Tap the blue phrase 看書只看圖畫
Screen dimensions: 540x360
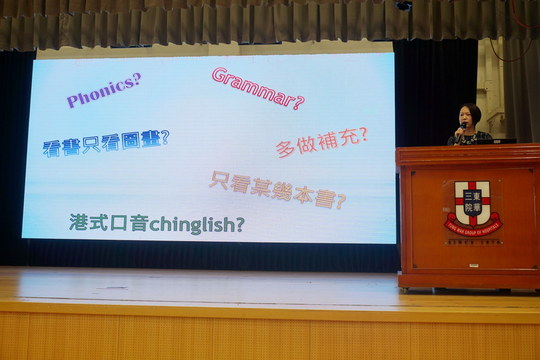[102, 144]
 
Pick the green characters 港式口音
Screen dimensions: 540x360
[109, 223]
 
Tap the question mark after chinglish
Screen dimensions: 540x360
[238, 224]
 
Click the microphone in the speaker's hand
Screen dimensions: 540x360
[461, 132]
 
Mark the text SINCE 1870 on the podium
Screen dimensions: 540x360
[474, 242]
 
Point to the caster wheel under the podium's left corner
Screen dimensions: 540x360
[404, 291]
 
